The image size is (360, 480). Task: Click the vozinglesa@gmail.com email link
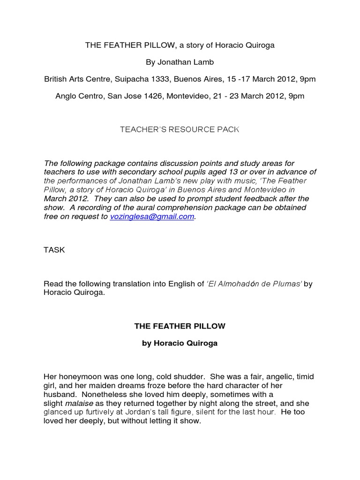pos(152,217)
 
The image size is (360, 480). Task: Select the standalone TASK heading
pos(54,250)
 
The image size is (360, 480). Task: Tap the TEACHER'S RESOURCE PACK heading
pos(180,129)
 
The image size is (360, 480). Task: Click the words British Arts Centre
pos(74,79)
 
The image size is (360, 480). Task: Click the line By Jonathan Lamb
pos(180,62)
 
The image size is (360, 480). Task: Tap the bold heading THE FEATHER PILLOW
pos(180,326)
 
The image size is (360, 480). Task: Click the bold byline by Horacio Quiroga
pos(180,343)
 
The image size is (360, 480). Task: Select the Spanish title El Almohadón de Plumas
pos(255,284)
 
